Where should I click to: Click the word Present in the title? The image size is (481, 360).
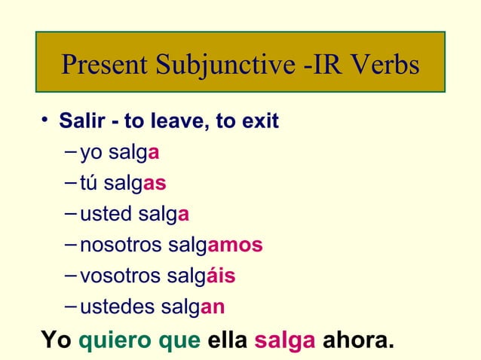[x=105, y=66]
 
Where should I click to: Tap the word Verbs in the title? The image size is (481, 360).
[x=382, y=66]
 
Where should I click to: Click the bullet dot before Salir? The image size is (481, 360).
[x=47, y=121]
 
